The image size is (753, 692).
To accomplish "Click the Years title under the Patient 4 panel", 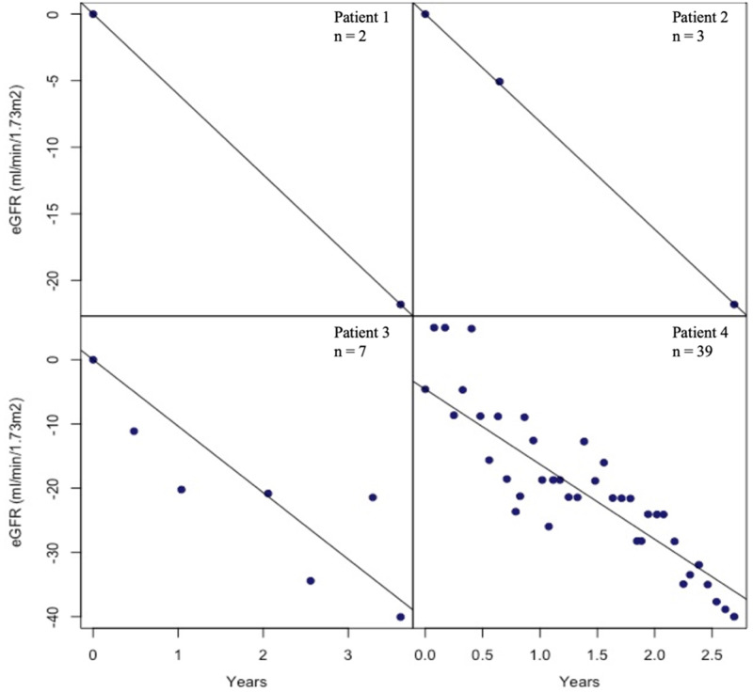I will click(x=584, y=678).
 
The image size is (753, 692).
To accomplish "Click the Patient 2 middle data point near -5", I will click(x=499, y=82).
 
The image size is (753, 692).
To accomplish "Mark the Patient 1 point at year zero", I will click(x=93, y=14).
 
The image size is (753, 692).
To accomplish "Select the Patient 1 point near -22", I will click(x=400, y=305).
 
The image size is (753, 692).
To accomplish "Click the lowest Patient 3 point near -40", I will click(x=400, y=617).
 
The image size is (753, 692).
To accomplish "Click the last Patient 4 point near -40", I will click(x=733, y=617).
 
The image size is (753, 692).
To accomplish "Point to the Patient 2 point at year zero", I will click(x=425, y=14).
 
